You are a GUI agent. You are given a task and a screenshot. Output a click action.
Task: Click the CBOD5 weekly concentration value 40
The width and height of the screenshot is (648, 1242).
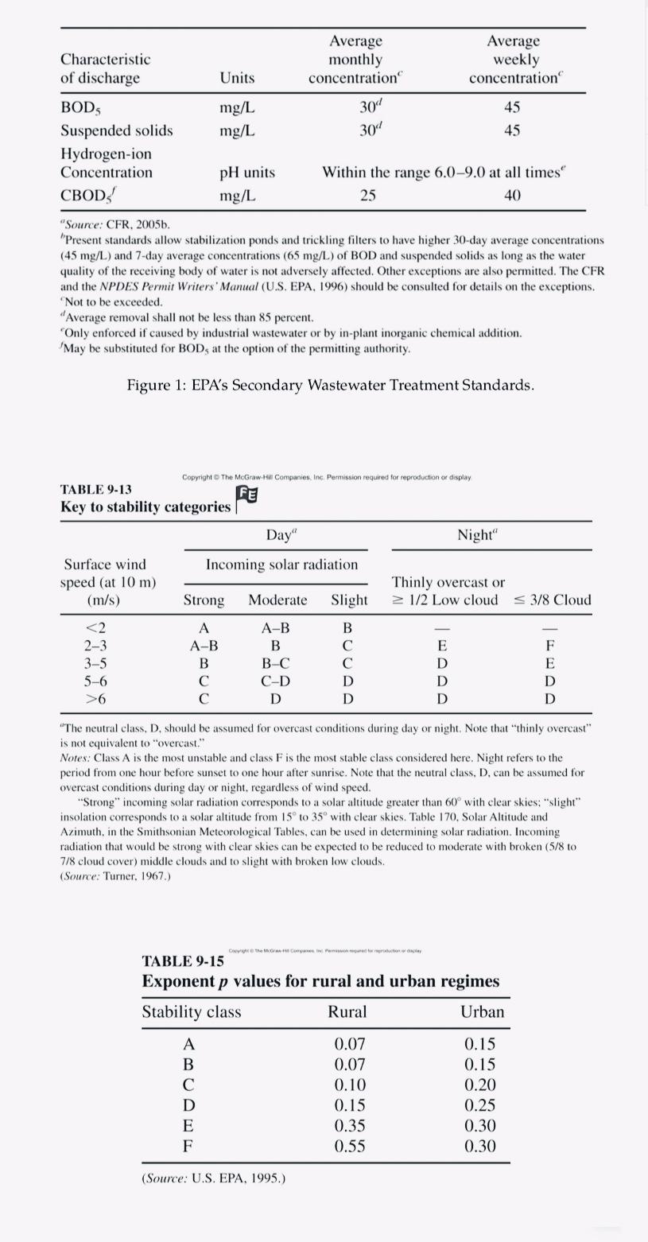[512, 195]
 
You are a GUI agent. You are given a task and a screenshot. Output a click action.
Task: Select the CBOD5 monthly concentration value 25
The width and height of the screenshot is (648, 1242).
[367, 195]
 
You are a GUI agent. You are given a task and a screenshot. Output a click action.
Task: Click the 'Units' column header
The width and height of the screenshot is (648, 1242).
[237, 78]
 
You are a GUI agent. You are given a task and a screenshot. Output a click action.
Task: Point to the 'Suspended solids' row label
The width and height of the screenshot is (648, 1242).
[117, 130]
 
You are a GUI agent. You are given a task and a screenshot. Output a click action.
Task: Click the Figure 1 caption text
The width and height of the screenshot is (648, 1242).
[331, 386]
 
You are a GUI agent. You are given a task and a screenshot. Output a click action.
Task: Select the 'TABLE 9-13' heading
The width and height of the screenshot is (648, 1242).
[96, 489]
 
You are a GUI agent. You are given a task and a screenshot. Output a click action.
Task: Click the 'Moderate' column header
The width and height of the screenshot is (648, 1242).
[277, 600]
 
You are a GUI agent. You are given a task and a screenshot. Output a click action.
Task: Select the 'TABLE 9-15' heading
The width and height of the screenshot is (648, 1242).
[183, 961]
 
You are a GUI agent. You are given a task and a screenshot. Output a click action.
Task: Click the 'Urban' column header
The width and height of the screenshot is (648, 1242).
[482, 1011]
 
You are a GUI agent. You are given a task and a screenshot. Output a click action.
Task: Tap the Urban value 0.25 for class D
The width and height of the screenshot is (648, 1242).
[479, 1104]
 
